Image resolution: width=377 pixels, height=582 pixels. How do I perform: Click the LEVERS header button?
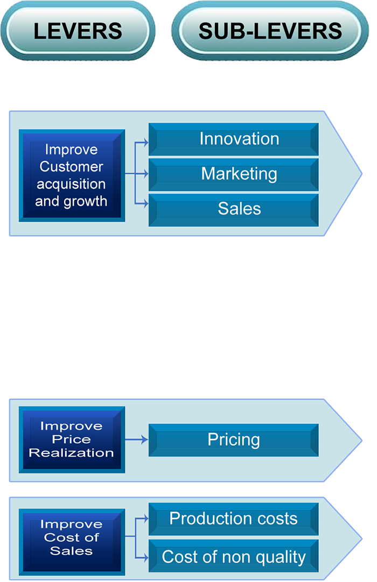coord(78,31)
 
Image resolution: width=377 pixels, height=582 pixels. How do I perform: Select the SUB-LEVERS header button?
coord(270,31)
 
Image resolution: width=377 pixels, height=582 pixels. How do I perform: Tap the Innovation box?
coord(234,139)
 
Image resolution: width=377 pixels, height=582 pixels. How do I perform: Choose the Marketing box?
coord(234,174)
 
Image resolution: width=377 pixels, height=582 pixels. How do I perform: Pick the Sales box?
coord(234,209)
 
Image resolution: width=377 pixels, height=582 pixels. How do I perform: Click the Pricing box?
coord(234,440)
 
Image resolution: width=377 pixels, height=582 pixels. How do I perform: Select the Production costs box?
coord(234,519)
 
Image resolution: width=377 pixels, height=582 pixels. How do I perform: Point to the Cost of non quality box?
coord(234,557)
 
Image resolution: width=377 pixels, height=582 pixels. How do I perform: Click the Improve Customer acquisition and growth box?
coord(72,175)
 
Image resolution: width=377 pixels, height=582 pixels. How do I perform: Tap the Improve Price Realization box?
coord(72,439)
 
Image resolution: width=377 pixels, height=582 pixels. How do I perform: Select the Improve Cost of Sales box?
coord(72,537)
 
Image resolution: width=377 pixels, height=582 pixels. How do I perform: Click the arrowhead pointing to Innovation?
coord(145,143)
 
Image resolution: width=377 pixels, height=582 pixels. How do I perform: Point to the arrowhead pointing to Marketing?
coord(145,174)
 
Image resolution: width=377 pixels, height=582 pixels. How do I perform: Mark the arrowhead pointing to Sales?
coord(145,204)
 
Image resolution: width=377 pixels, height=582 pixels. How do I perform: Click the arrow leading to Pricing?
coord(137,439)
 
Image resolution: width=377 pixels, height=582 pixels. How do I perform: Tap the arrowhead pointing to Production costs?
coord(145,519)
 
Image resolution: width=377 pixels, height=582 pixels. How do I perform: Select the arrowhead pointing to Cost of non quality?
coord(145,556)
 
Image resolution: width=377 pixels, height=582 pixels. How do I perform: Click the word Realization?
coord(72,453)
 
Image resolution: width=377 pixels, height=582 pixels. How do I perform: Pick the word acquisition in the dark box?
coord(71,184)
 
